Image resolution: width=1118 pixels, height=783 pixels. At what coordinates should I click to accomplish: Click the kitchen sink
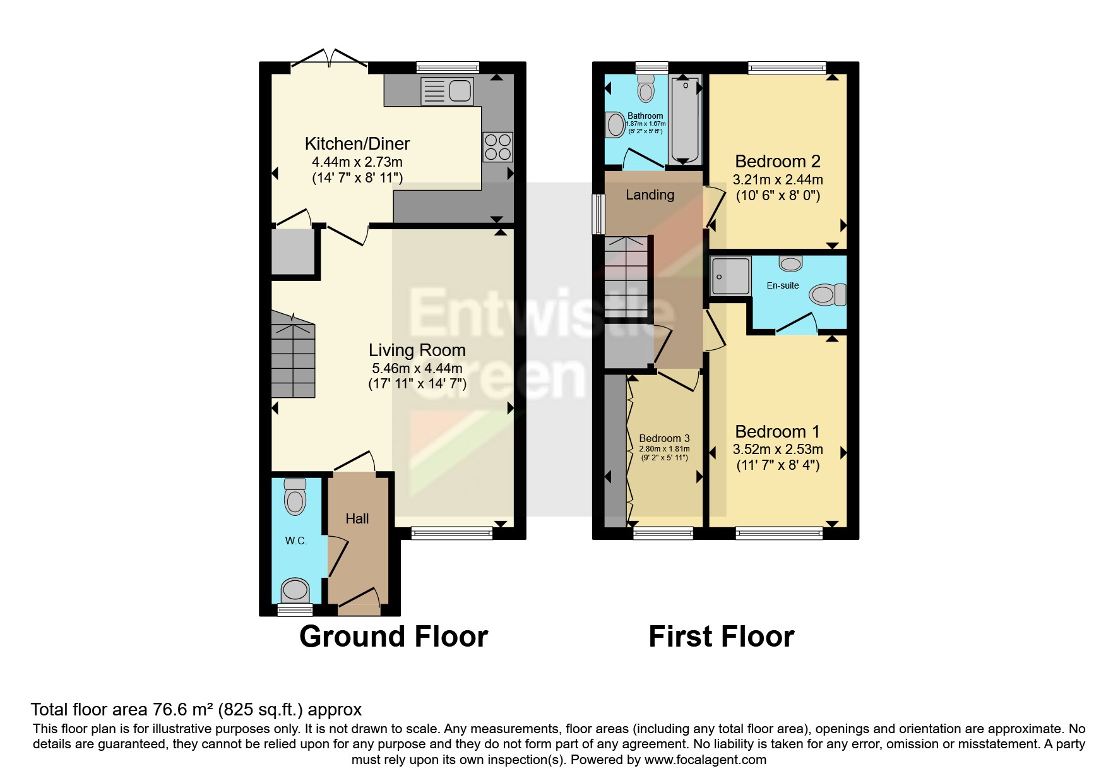click(447, 91)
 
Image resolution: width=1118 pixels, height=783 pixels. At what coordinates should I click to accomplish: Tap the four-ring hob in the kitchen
click(497, 147)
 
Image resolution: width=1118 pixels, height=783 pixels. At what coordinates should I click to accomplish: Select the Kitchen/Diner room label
click(357, 144)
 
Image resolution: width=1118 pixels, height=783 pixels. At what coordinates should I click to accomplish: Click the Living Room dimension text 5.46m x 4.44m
click(417, 368)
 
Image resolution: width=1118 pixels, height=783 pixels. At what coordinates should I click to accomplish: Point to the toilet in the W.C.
click(295, 496)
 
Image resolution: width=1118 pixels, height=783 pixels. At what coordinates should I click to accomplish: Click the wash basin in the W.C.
click(295, 590)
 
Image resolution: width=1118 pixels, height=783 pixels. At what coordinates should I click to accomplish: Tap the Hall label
click(357, 518)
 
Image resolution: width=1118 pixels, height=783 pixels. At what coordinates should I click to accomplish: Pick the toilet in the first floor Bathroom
click(646, 88)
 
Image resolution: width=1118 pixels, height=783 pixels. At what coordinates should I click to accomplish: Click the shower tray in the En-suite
click(731, 277)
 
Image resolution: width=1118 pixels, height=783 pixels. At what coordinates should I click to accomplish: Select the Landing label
click(650, 195)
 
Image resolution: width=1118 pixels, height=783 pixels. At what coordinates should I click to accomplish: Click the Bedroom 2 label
click(778, 162)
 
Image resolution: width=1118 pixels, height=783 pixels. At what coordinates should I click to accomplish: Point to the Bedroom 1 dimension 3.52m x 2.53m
click(778, 450)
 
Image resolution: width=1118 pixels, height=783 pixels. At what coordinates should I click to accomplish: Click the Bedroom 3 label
click(664, 438)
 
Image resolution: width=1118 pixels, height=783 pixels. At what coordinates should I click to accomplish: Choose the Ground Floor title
click(393, 637)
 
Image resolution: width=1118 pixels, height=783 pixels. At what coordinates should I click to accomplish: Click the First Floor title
click(722, 637)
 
